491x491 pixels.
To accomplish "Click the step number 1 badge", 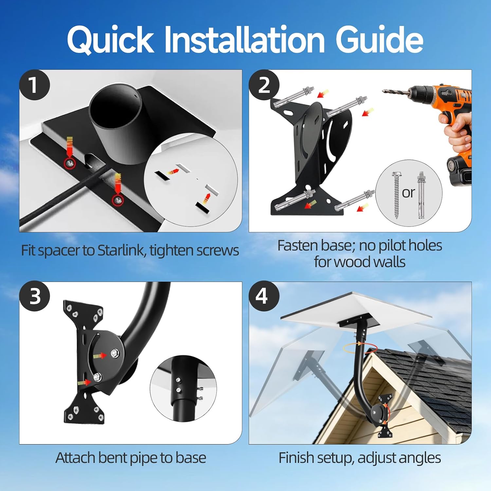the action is [34, 85].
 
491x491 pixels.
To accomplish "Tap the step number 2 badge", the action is [264, 85].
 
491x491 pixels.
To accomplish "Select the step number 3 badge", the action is [34, 296].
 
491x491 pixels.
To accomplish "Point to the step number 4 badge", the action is [264, 296].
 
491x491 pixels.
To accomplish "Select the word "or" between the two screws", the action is [408, 193].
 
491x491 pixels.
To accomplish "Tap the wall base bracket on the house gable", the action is [385, 416].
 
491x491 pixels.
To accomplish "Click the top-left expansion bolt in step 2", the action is [292, 97].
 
